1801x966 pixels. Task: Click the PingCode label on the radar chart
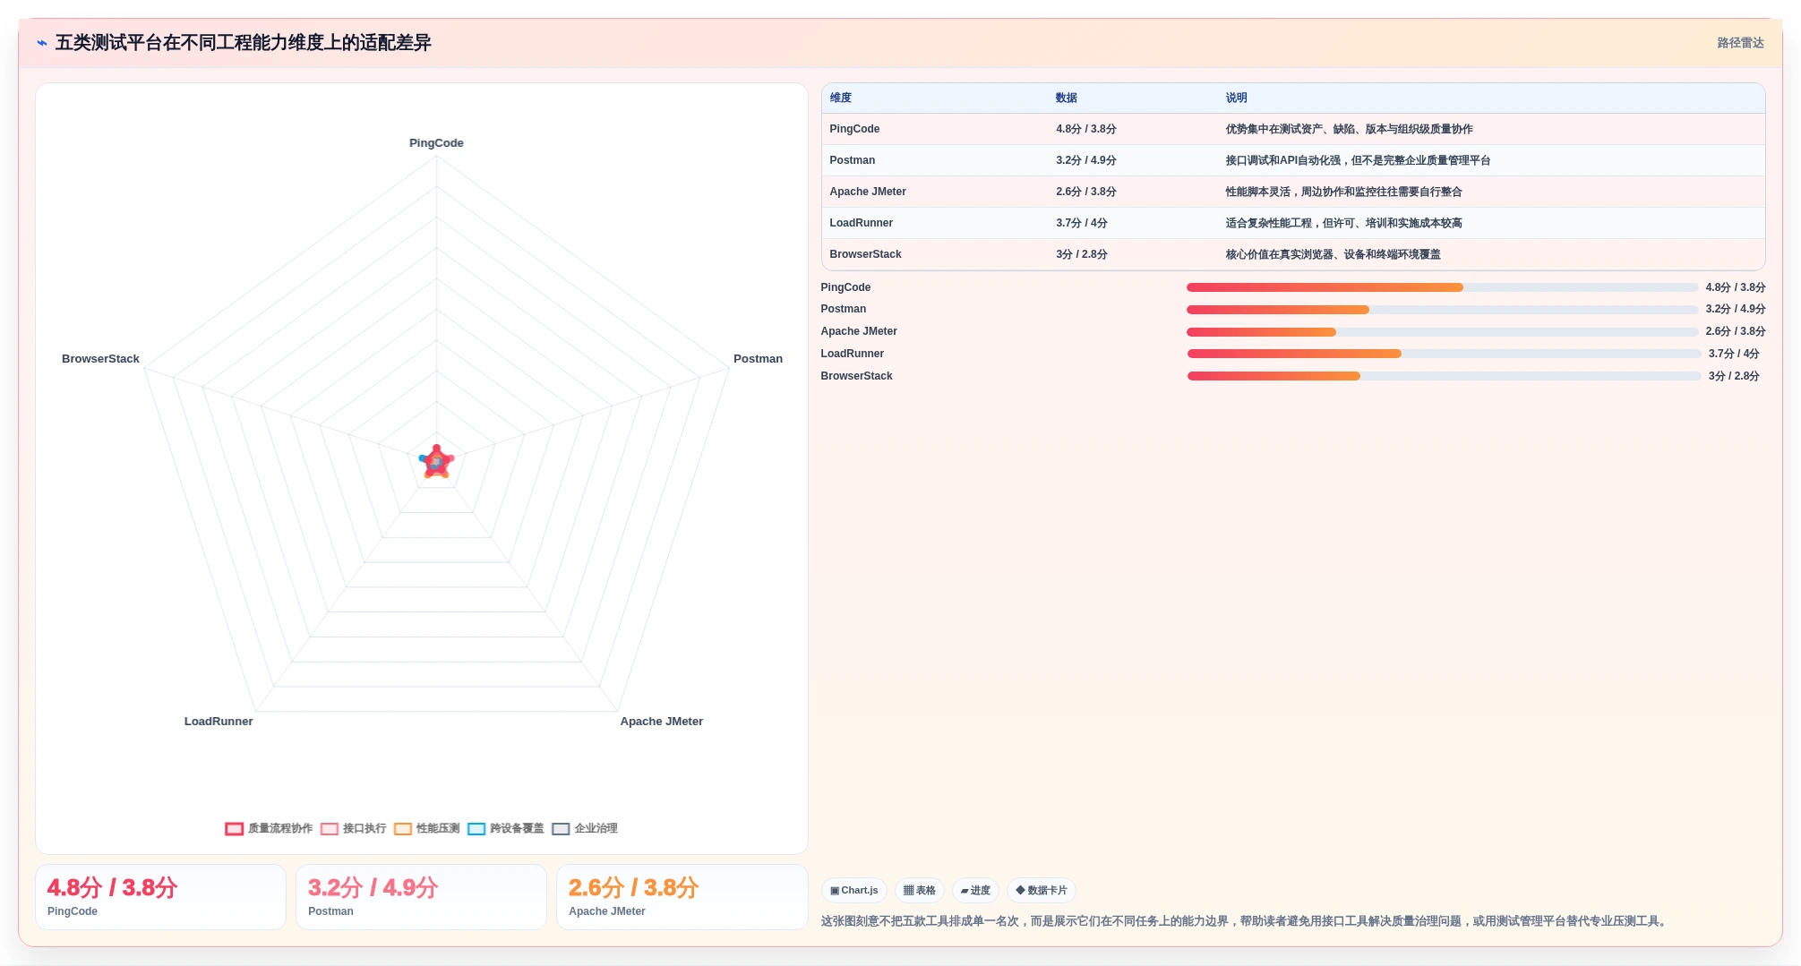(436, 143)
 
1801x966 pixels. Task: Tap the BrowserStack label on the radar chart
(100, 359)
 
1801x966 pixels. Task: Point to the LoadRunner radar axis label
(219, 722)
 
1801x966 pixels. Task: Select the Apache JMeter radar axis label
(662, 722)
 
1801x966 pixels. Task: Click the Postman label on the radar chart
(758, 359)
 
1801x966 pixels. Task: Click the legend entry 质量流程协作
(269, 829)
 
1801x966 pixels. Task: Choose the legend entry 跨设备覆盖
(506, 829)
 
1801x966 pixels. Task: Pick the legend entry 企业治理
(585, 829)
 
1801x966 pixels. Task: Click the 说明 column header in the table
(1236, 98)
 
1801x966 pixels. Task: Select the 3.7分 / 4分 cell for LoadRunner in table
(1081, 223)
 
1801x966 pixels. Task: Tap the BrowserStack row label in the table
(865, 254)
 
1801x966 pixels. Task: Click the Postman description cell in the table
(1358, 160)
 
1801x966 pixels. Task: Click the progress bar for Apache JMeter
(1442, 332)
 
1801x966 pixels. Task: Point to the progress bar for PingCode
(1442, 287)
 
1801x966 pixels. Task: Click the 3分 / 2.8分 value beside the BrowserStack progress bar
(1733, 376)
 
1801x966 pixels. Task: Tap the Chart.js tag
(854, 891)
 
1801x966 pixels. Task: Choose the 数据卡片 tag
(1042, 891)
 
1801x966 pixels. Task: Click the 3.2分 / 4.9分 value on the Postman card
(373, 887)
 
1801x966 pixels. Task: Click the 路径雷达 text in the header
(1740, 43)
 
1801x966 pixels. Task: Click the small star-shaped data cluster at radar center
(437, 463)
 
